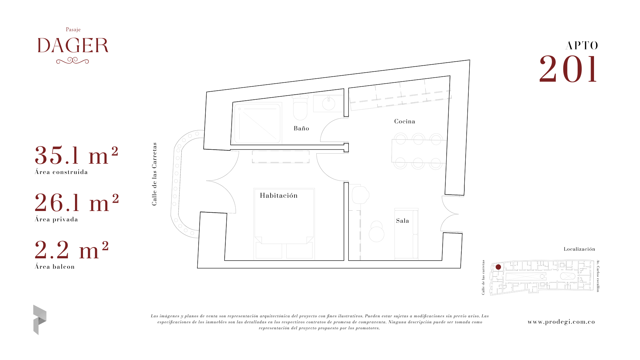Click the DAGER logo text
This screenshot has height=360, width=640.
pos(73,46)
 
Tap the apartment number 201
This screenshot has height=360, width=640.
pos(568,69)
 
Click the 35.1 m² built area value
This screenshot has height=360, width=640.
pos(76,155)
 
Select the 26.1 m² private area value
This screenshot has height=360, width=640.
pos(77,203)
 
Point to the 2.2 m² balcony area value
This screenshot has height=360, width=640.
pos(72,250)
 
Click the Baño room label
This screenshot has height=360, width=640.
pos(301,128)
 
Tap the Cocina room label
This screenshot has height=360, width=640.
pos(405,121)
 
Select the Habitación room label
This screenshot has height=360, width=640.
pos(279,195)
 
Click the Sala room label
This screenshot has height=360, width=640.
pos(402,221)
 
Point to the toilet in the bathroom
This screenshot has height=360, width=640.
pos(300,107)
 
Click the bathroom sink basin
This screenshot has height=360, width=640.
pos(329,103)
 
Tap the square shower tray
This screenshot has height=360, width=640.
pos(257,124)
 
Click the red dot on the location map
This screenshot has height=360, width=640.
pos(498,267)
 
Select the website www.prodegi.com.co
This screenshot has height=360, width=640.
pos(561,322)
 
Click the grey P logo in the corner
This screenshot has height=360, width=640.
pos(40,320)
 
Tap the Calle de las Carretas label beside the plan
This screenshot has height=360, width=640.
pos(154,174)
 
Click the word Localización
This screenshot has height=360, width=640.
pos(579,249)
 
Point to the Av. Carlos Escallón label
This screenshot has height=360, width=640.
pos(598,276)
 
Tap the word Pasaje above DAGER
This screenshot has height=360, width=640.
pos(73,30)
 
